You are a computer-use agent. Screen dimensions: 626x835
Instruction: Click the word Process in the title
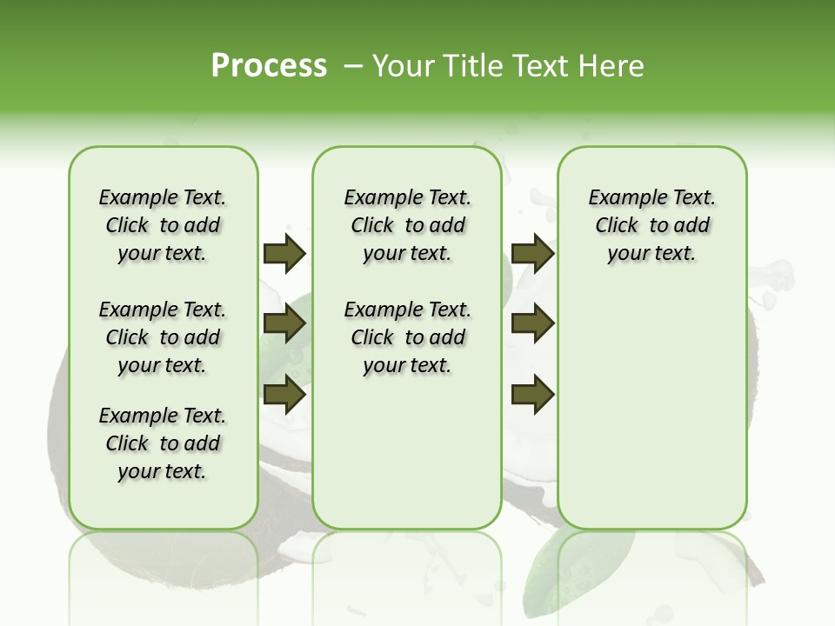pyautogui.click(x=269, y=66)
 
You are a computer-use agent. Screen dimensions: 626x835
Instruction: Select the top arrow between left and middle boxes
pyautogui.click(x=284, y=253)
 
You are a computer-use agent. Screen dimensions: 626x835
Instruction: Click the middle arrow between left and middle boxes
pyautogui.click(x=284, y=323)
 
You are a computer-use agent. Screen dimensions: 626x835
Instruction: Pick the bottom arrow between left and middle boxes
pyautogui.click(x=284, y=395)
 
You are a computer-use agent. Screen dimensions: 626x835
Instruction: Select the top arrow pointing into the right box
pyautogui.click(x=533, y=253)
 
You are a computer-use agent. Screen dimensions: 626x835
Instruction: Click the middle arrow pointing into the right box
pyautogui.click(x=533, y=323)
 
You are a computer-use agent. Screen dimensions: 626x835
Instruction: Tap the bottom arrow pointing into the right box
pyautogui.click(x=533, y=395)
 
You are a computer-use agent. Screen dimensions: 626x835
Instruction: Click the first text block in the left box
pyautogui.click(x=163, y=225)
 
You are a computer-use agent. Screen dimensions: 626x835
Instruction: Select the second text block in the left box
pyautogui.click(x=163, y=337)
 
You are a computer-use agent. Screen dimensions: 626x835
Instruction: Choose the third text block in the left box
pyautogui.click(x=163, y=443)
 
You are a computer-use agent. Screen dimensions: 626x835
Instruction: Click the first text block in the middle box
pyautogui.click(x=407, y=225)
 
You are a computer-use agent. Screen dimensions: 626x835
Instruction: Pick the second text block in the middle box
pyautogui.click(x=407, y=337)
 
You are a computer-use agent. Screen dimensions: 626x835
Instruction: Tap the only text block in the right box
pyautogui.click(x=651, y=225)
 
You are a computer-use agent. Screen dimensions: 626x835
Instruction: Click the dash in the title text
pyautogui.click(x=353, y=66)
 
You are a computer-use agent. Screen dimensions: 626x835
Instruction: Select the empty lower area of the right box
pyautogui.click(x=651, y=409)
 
